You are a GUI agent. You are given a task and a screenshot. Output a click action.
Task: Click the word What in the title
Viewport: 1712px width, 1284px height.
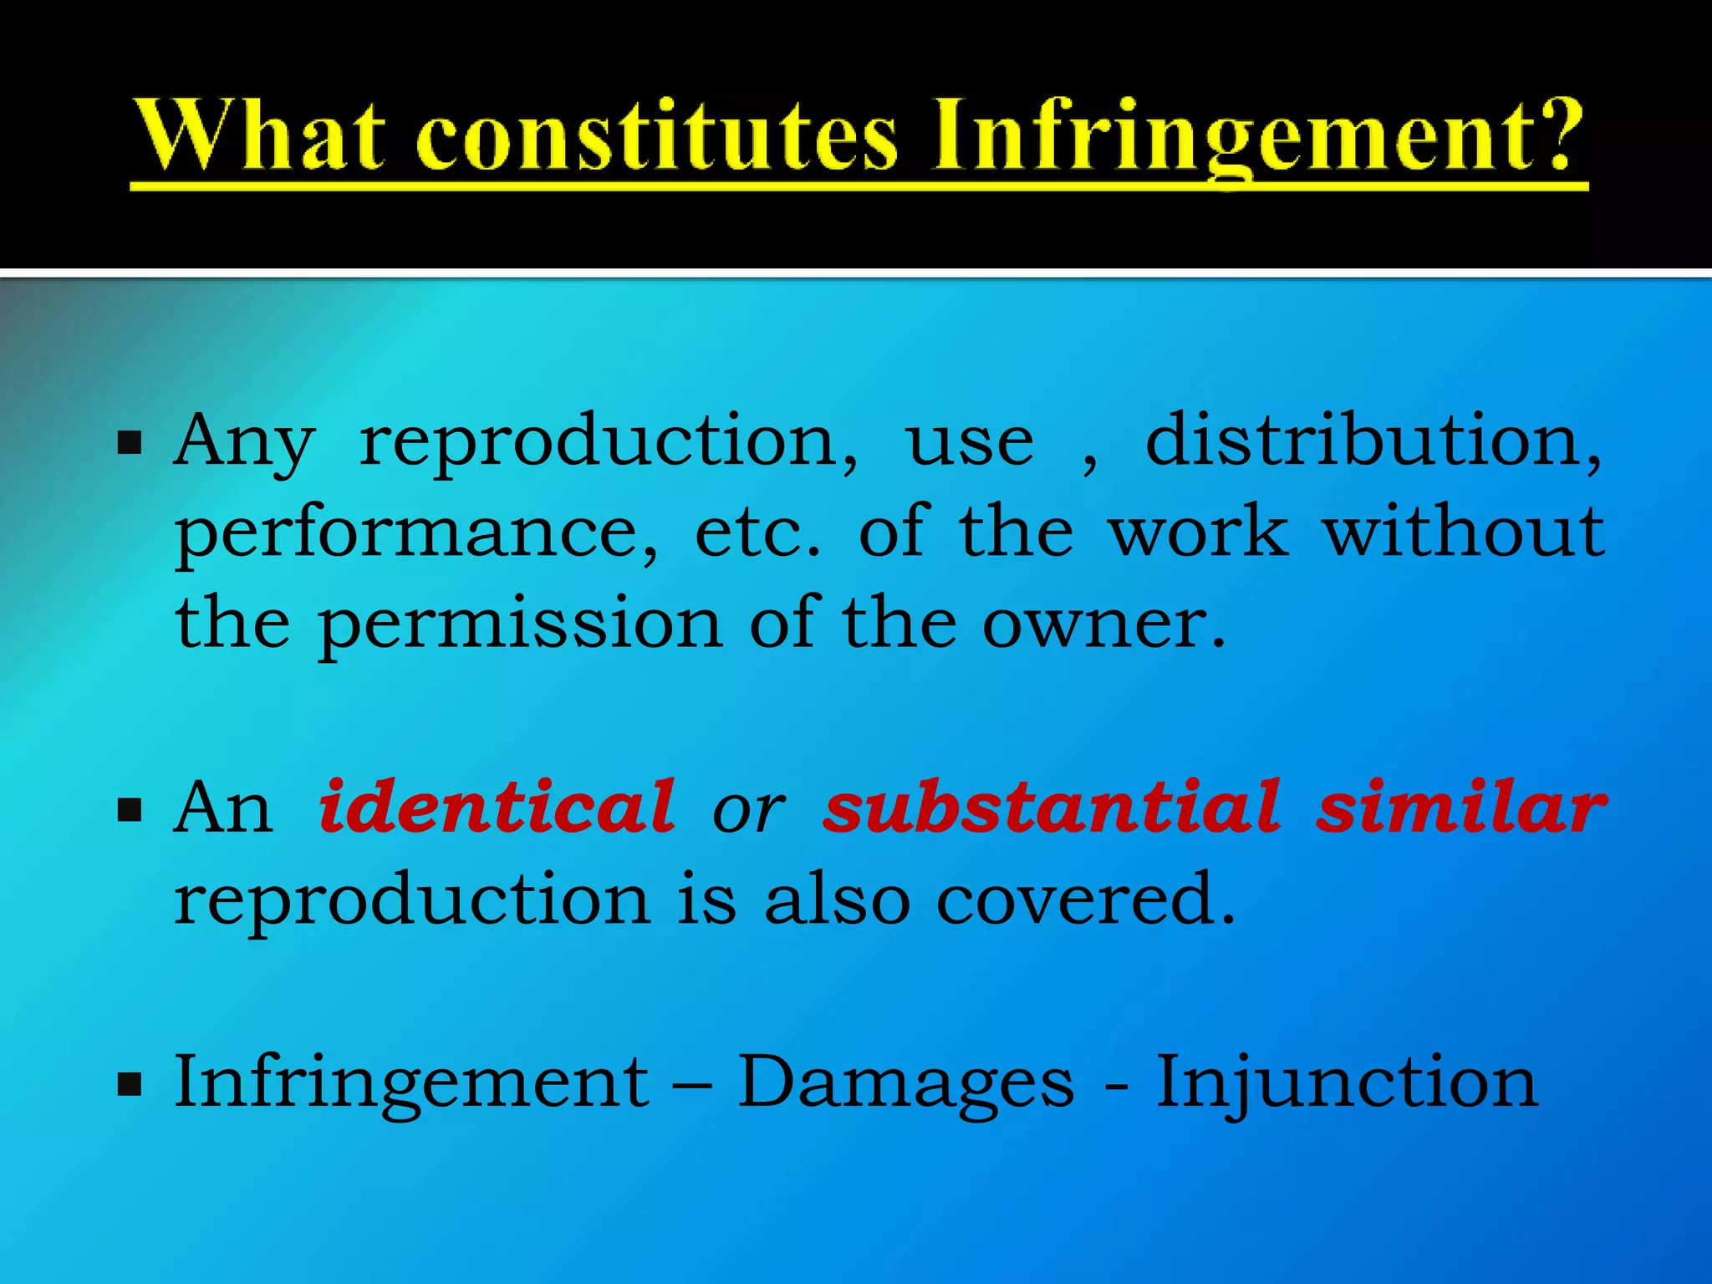[262, 134]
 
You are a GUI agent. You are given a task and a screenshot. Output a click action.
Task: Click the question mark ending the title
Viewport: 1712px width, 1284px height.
[1556, 134]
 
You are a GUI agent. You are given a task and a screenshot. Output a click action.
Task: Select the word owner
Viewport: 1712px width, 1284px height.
[1103, 624]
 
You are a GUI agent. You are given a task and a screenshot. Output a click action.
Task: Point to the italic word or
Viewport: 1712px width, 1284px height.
[748, 811]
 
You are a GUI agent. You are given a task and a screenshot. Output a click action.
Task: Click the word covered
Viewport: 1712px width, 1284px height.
[1084, 900]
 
